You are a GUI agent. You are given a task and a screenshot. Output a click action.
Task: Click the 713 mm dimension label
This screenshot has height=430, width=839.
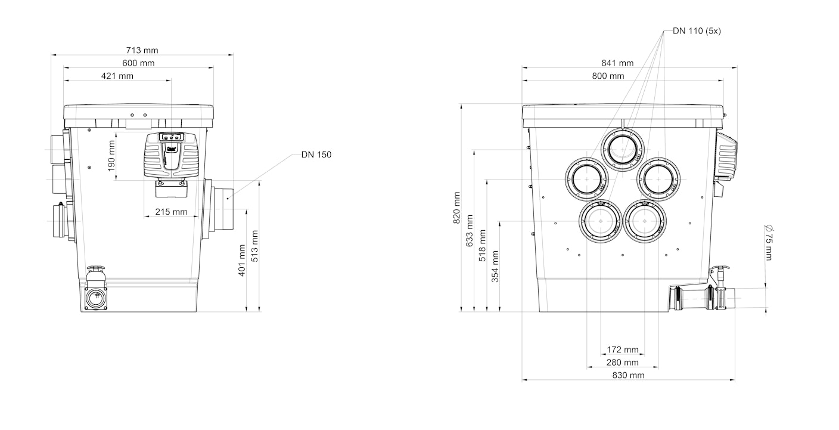click(x=142, y=50)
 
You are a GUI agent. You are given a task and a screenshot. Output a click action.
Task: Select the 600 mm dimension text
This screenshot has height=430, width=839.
click(x=138, y=63)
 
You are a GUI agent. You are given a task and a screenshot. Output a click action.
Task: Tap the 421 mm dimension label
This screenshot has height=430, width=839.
click(x=117, y=76)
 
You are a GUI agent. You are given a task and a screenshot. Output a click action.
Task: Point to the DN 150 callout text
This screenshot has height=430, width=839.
click(x=316, y=154)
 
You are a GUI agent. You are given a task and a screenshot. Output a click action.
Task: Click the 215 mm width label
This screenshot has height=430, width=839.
click(x=171, y=212)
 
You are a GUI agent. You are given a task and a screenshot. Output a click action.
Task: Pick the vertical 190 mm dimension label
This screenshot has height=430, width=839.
click(x=111, y=156)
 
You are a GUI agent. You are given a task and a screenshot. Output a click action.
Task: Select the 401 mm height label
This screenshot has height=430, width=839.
click(x=242, y=261)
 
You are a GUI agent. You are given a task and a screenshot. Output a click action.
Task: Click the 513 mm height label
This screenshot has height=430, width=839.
click(x=254, y=246)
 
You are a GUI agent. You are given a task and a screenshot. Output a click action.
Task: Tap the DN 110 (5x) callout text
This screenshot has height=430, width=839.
click(x=697, y=31)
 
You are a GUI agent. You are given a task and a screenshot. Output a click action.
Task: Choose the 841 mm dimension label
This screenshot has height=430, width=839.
click(x=617, y=63)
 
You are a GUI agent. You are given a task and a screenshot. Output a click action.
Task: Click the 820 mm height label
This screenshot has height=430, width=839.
click(x=456, y=208)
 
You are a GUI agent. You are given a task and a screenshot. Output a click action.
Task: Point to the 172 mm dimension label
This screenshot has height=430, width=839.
click(x=623, y=349)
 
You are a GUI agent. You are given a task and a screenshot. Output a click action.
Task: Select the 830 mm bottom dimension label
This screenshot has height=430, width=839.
click(x=628, y=375)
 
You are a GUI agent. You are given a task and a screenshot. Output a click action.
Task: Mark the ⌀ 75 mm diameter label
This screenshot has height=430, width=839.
click(x=769, y=243)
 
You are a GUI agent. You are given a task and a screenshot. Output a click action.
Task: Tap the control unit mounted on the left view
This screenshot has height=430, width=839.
click(x=171, y=155)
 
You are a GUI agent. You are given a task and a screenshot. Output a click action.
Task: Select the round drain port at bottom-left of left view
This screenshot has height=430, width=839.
click(x=97, y=298)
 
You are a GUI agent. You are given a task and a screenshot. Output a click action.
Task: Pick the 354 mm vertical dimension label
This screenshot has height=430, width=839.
click(x=495, y=267)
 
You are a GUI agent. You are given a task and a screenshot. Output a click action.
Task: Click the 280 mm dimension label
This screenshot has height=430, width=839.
click(x=623, y=363)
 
